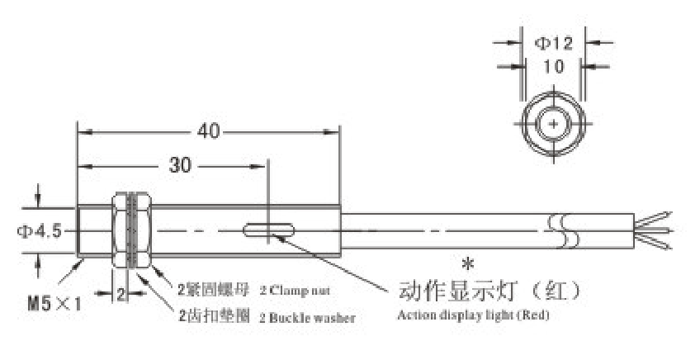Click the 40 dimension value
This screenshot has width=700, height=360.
(207, 130)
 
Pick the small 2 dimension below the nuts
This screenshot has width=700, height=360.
(121, 293)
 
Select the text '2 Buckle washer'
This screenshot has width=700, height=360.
(307, 317)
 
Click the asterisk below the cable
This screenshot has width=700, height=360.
(467, 265)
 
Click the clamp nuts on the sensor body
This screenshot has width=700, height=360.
(130, 230)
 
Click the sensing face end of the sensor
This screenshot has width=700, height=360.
(78, 230)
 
